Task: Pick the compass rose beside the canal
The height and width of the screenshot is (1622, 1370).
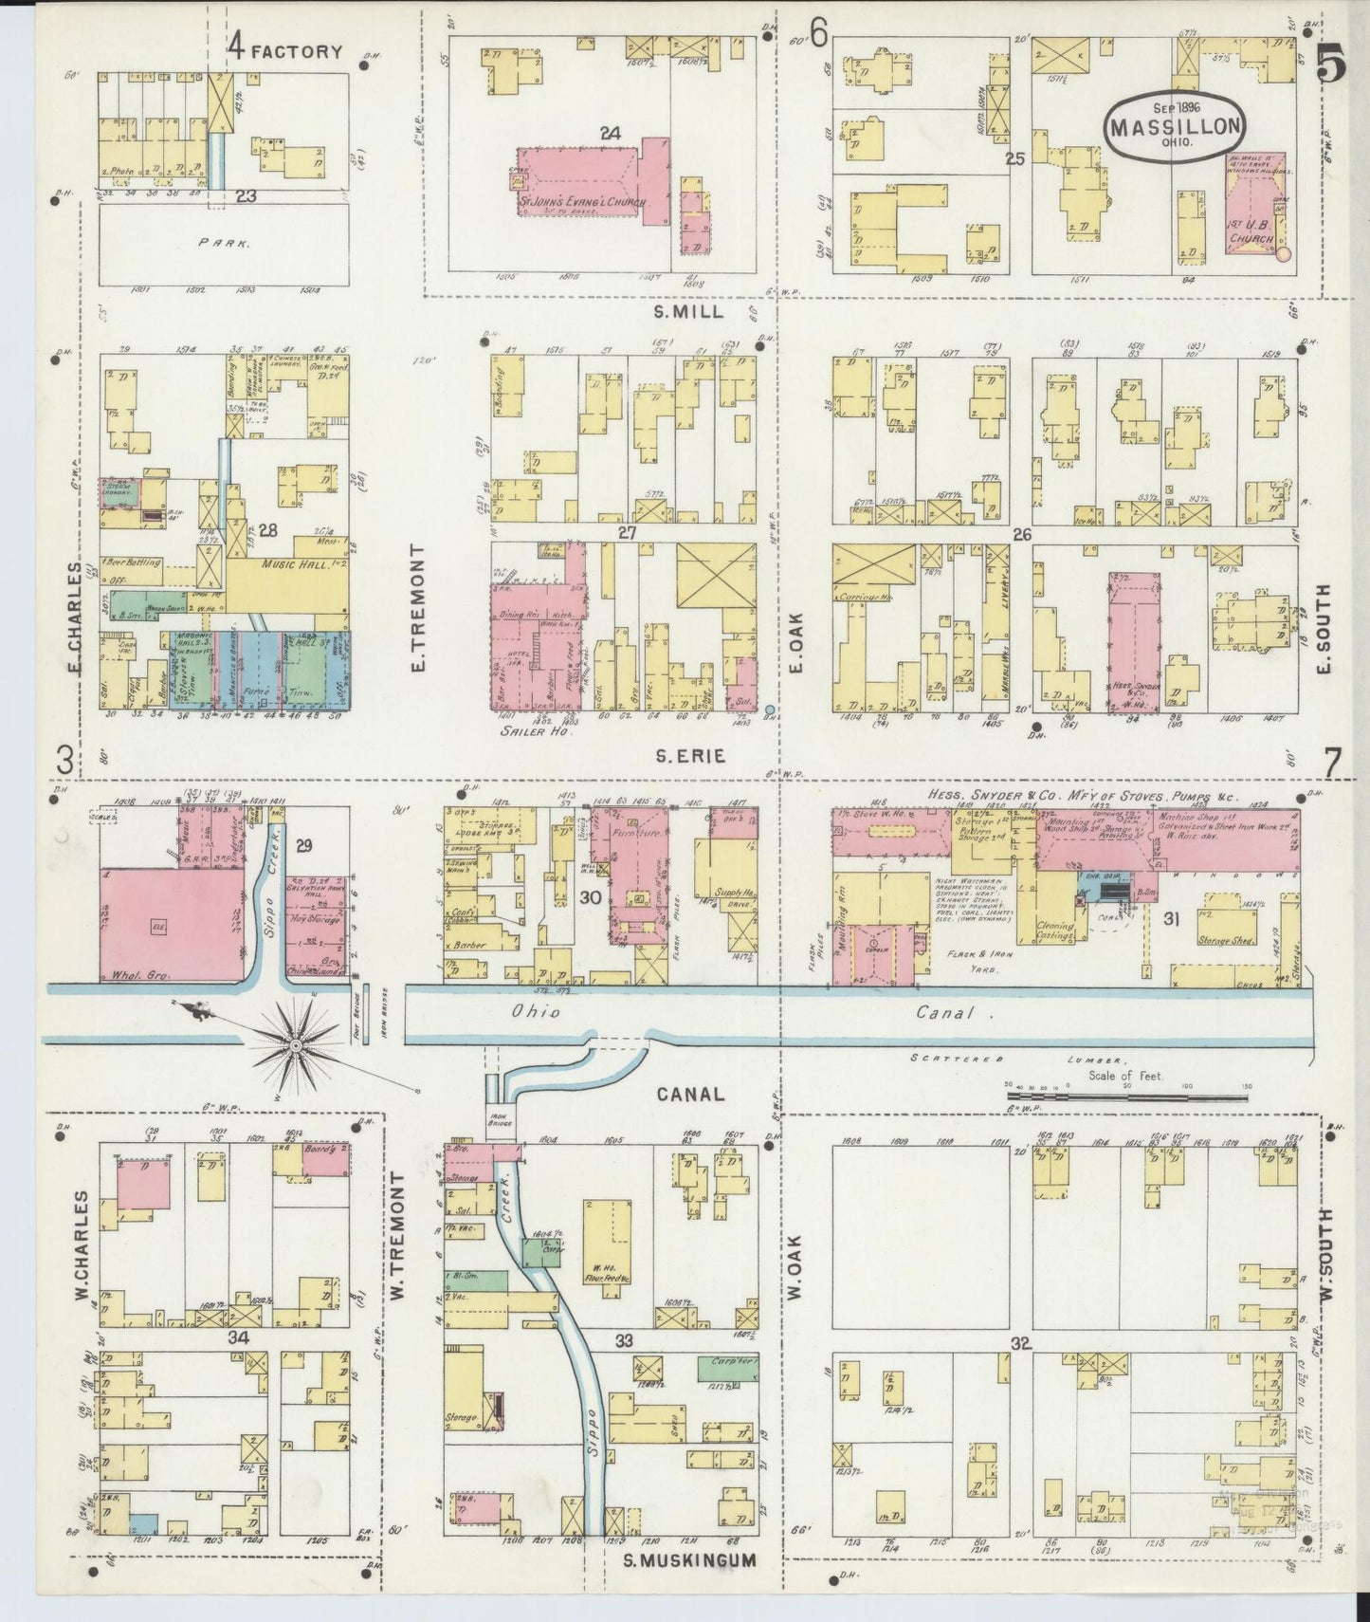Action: click(296, 1044)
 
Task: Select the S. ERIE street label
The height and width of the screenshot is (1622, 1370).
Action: click(689, 755)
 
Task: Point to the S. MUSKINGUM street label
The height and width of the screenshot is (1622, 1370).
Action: click(690, 1559)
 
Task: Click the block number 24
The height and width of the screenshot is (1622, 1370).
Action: click(610, 134)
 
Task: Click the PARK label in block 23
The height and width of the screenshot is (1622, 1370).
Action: click(224, 243)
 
